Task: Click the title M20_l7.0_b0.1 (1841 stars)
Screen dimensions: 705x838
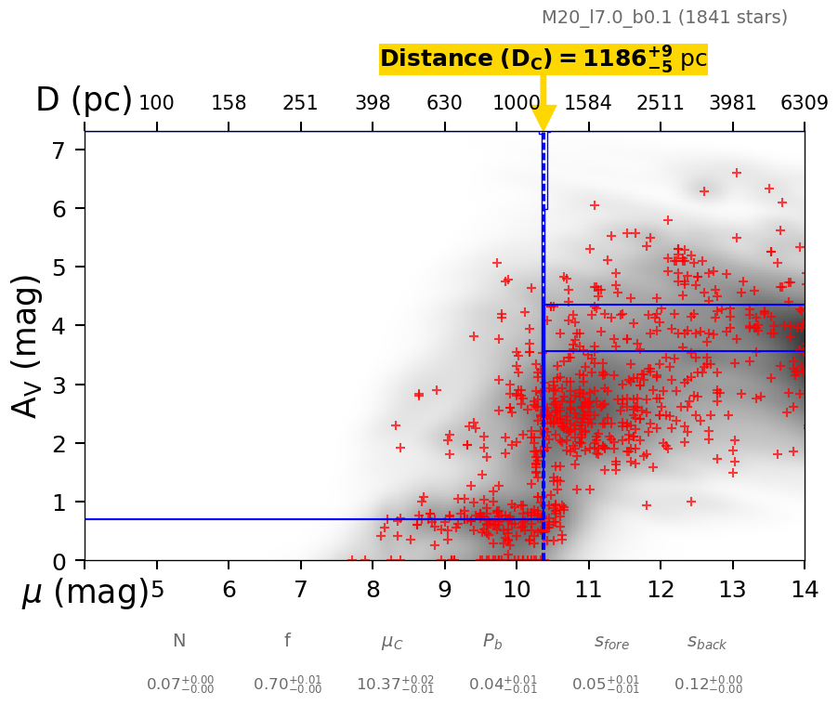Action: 664,18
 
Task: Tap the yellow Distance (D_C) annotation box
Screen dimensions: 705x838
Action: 543,59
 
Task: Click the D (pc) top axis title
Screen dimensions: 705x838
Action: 84,100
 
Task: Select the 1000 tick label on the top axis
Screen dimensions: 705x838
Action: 516,103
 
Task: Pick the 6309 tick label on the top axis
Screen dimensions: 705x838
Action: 804,103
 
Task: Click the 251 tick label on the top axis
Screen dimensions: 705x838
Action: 301,103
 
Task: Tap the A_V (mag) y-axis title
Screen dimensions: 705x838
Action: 28,346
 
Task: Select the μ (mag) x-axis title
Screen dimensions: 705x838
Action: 85,592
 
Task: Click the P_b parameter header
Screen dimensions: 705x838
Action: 496,642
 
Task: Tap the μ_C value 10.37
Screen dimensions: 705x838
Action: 394,685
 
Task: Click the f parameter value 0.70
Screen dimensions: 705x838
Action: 287,685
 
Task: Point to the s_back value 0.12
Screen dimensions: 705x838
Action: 708,685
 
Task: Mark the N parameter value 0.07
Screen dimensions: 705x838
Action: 179,685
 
